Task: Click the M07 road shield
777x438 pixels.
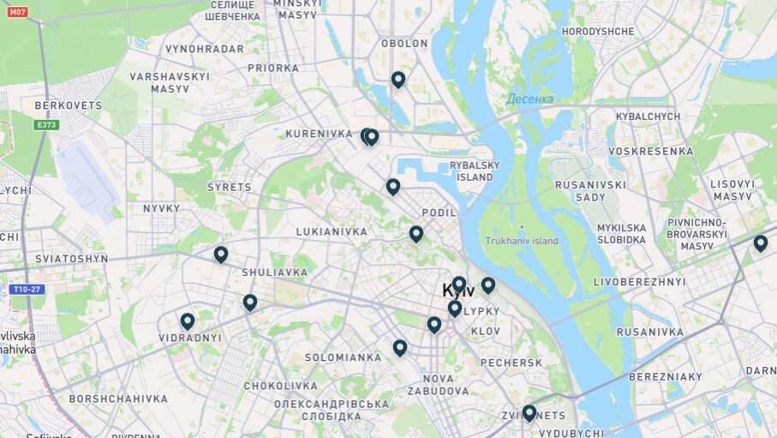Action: [x=17, y=11]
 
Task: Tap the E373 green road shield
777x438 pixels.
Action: [x=47, y=125]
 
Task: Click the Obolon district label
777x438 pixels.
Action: [x=403, y=43]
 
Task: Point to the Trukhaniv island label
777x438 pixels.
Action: [x=521, y=241]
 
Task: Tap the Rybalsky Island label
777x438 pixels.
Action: [x=474, y=171]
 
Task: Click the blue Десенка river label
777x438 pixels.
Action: [x=529, y=99]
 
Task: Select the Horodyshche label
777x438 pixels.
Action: [x=598, y=32]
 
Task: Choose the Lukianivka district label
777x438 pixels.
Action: [x=332, y=231]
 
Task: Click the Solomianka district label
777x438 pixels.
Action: [x=343, y=357]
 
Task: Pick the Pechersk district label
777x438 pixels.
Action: [x=511, y=363]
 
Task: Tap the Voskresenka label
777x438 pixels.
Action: [x=650, y=152]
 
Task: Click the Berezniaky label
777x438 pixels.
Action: [x=666, y=377]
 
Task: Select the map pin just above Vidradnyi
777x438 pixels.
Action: [x=188, y=321]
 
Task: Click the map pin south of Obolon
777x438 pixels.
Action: [x=397, y=80]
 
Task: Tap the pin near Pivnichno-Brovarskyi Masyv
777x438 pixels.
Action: [x=760, y=243]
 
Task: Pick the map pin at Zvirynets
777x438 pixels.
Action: [x=529, y=413]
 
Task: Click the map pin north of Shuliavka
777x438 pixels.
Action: [x=221, y=255]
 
